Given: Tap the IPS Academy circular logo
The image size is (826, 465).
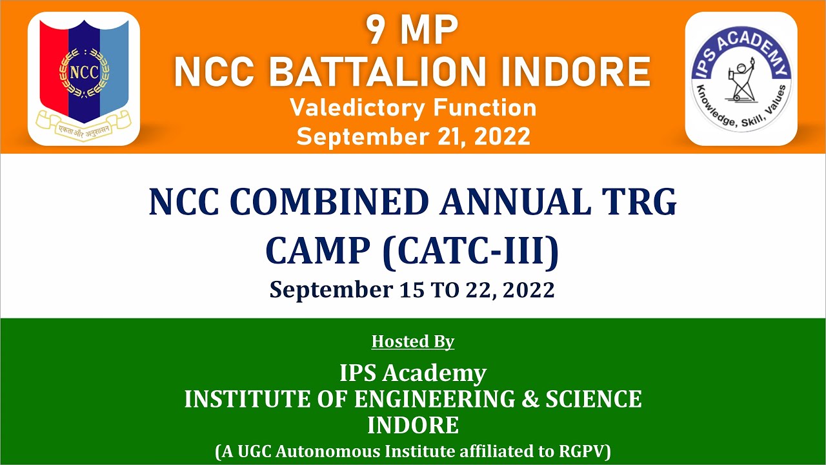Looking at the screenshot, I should pyautogui.click(x=741, y=78).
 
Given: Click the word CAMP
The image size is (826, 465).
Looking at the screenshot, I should pyautogui.click(x=316, y=252).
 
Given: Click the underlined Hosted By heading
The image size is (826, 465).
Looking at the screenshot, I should pyautogui.click(x=413, y=341).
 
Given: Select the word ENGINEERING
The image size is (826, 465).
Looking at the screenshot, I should pyautogui.click(x=434, y=399).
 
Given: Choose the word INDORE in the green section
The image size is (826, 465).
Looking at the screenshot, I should pyautogui.click(x=413, y=426).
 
